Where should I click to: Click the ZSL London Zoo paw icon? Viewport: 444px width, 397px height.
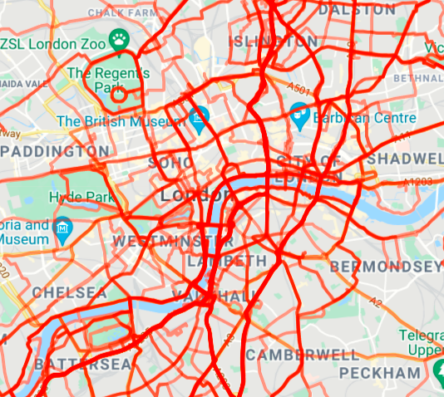coord(121,39)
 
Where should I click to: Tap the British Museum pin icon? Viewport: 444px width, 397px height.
coord(199,117)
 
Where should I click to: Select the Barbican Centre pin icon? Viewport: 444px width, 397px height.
coord(301,112)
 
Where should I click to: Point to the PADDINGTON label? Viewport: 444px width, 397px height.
coord(55,152)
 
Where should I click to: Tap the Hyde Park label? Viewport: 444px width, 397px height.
coord(80,197)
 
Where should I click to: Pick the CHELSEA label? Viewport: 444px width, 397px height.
coord(70,293)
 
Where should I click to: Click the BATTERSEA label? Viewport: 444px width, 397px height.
coord(83,365)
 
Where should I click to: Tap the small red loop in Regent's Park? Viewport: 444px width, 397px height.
coord(119,95)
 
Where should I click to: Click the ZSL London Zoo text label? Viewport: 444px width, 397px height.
coord(55,42)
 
